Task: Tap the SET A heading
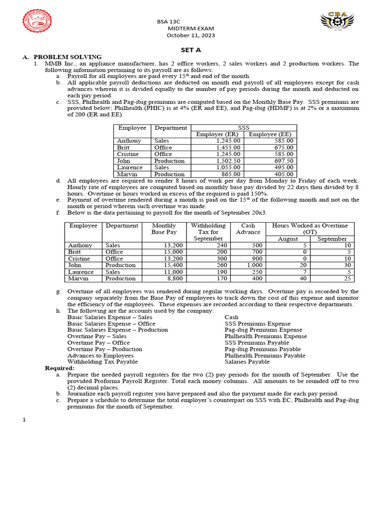pyautogui.click(x=191, y=50)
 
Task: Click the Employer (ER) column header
pyautogui.click(x=217, y=134)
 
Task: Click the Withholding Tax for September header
pyautogui.click(x=207, y=232)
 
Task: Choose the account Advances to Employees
pyautogui.click(x=100, y=355)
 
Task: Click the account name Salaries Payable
pyautogui.click(x=247, y=362)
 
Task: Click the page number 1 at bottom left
pyautogui.click(x=23, y=420)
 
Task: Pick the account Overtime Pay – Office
pyautogui.click(x=98, y=342)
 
